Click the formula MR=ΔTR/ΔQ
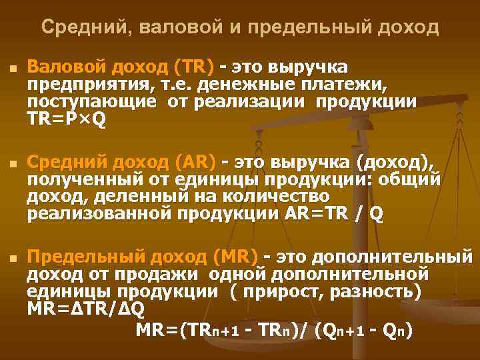click(x=85, y=309)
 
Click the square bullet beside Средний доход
click(x=12, y=163)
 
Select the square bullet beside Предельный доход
click(x=12, y=257)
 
